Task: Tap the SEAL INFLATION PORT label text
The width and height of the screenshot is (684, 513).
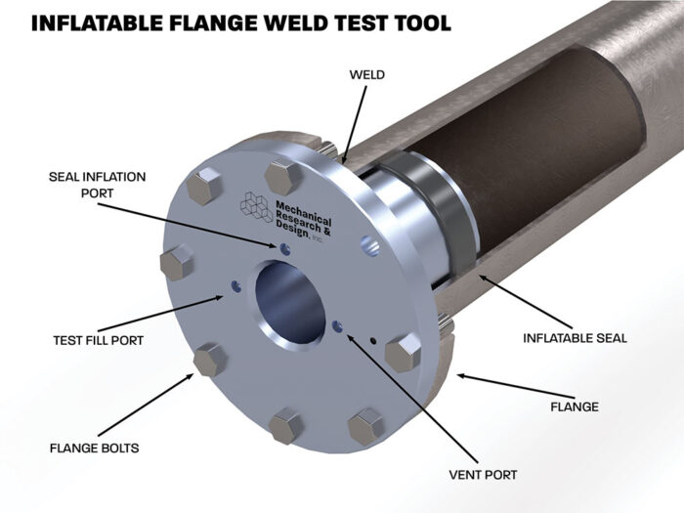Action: click(x=97, y=184)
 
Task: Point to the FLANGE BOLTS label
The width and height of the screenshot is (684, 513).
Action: click(x=94, y=449)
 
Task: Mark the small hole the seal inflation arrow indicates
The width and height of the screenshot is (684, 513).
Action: click(x=280, y=247)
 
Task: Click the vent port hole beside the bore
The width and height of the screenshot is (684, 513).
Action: click(x=338, y=327)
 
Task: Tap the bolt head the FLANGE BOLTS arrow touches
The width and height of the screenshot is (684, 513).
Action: click(x=210, y=358)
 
